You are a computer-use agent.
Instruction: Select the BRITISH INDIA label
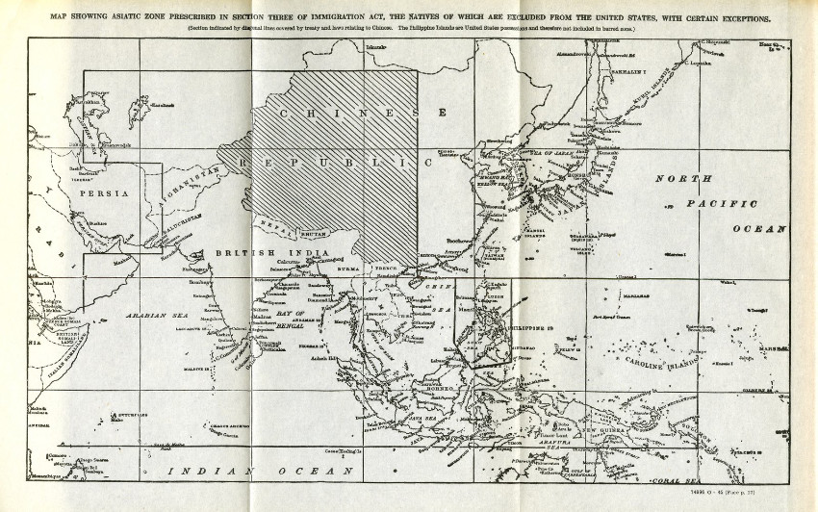[251, 252]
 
